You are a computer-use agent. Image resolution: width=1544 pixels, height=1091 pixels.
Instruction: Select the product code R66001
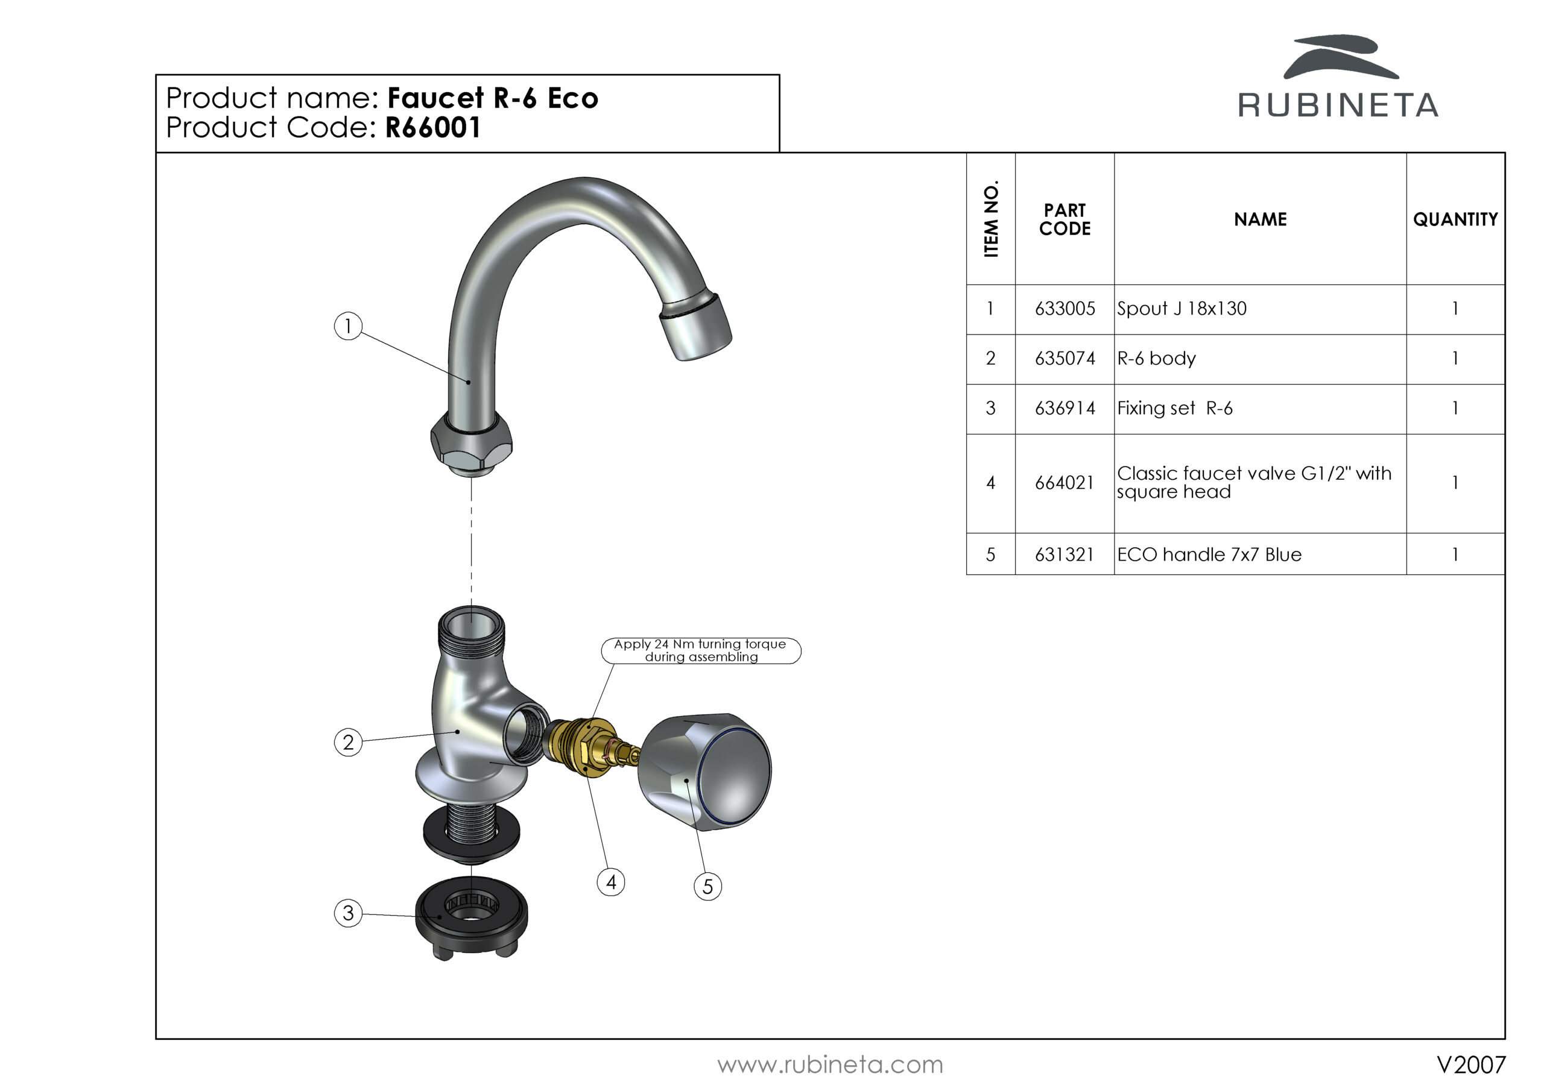tap(432, 128)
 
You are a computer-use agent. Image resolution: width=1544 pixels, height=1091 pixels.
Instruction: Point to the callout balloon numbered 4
tap(610, 882)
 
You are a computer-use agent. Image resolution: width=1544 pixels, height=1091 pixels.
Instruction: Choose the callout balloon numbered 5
tap(707, 887)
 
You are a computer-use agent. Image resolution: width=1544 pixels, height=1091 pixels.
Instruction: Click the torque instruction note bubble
tap(701, 651)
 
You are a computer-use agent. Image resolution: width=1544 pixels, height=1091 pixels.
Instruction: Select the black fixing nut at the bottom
tap(470, 917)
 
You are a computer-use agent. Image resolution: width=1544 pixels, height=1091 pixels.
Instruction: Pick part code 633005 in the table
tap(1065, 309)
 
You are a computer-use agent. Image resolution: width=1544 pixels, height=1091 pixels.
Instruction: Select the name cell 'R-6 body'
tap(1157, 358)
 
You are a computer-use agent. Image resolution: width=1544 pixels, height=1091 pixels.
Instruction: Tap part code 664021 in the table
tap(1065, 483)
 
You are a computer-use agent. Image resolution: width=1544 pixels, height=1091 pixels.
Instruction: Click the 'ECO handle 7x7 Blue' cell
tap(1209, 555)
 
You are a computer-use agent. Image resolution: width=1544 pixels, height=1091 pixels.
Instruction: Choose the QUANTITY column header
tap(1455, 219)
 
